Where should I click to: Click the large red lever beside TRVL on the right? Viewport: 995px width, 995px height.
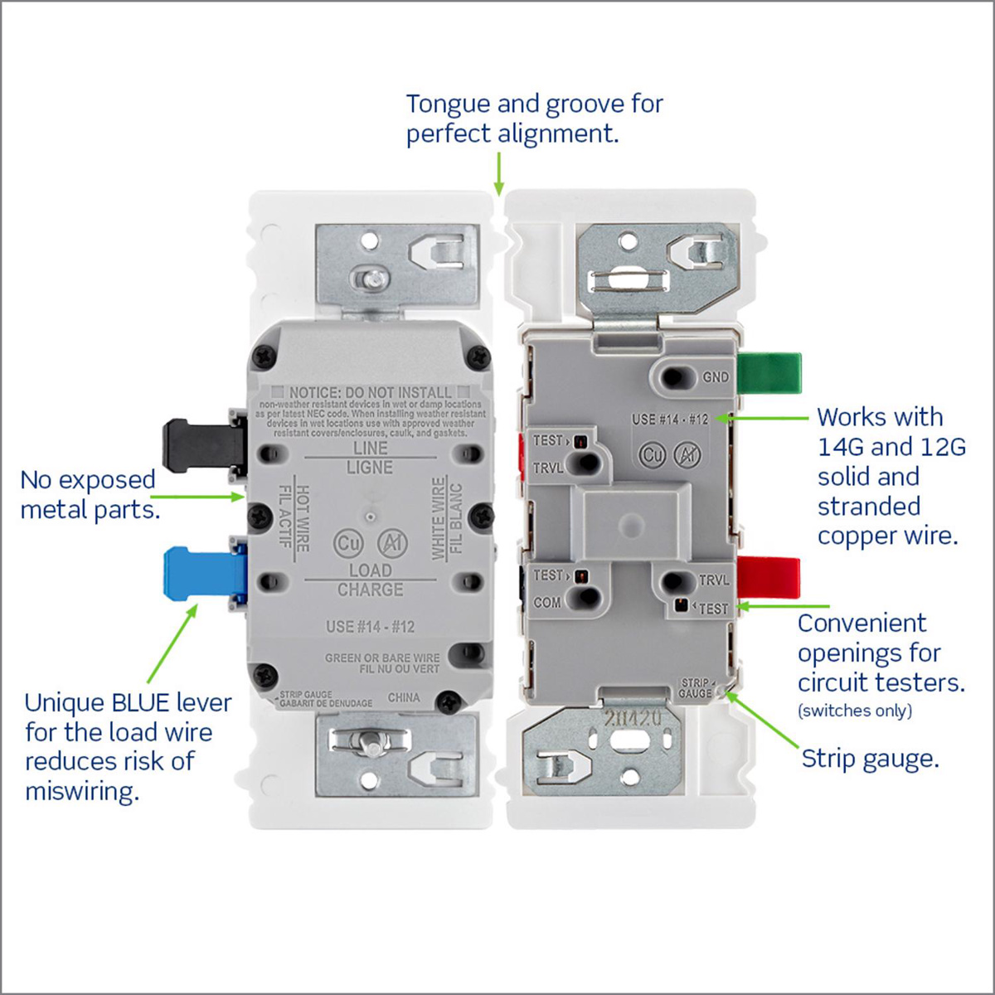tap(769, 578)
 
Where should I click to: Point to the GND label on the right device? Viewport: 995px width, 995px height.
tap(716, 377)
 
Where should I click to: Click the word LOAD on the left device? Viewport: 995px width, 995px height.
tap(370, 570)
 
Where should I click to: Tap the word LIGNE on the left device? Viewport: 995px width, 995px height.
tap(370, 468)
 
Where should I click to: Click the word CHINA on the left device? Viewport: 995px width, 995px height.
tap(404, 697)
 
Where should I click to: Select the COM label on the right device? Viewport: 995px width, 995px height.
tap(547, 603)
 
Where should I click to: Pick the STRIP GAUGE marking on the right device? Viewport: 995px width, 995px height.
tap(696, 688)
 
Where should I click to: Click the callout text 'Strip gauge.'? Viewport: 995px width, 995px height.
tap(870, 759)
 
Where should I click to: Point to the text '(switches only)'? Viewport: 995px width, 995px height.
tap(855, 711)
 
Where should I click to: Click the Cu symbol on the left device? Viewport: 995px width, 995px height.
tap(347, 543)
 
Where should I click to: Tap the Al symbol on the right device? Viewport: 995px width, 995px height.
tap(687, 454)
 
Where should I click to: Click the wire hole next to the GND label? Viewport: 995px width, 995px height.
tap(677, 378)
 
